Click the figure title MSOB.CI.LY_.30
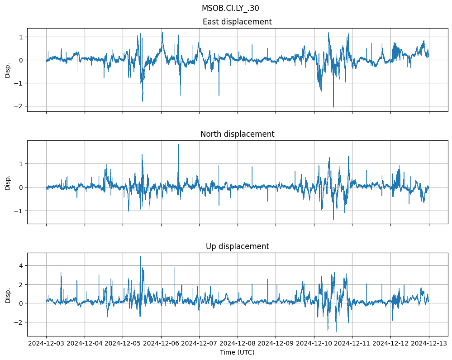tap(230, 8)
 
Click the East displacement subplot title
tap(237, 22)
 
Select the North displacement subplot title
tap(237, 134)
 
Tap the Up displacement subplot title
tap(237, 246)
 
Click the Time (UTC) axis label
tap(237, 352)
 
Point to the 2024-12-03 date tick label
tap(46, 343)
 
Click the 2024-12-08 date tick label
tap(238, 343)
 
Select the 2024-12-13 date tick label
tap(429, 343)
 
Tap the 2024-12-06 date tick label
tap(161, 343)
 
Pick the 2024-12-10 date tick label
tap(314, 343)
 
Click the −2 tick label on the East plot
tap(20, 106)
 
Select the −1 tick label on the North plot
tap(20, 211)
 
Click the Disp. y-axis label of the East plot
tap(8, 70)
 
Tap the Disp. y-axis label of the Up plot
tap(8, 294)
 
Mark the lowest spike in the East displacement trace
tap(333, 107)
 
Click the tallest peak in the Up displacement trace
tap(140, 257)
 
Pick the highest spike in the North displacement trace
tap(178, 144)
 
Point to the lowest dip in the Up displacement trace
tap(336, 332)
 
